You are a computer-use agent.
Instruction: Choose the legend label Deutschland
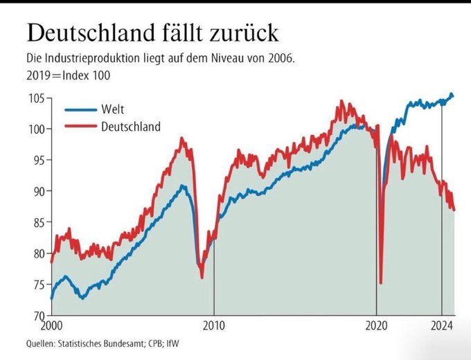(131, 126)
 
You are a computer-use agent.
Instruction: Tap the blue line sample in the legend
(80, 109)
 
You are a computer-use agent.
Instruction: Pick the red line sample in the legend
(80, 126)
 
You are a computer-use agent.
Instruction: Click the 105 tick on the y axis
(36, 98)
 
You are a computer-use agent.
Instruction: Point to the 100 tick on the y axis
(36, 129)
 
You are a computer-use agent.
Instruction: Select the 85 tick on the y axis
(38, 222)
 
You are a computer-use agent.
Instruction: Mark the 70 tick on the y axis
(38, 316)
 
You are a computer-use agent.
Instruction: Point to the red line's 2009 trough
(202, 277)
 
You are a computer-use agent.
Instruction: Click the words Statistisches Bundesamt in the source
(104, 343)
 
